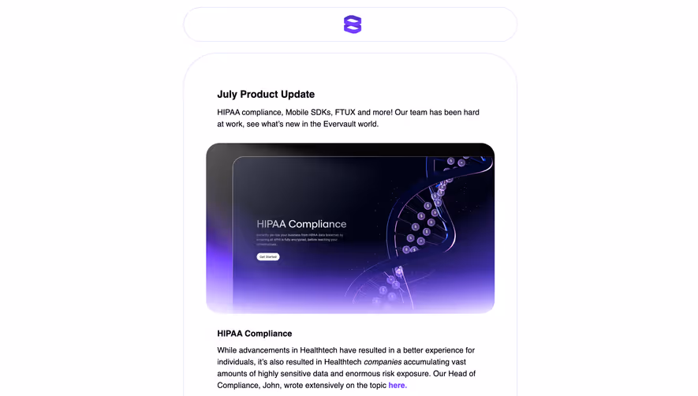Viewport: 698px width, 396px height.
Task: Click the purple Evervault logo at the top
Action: click(352, 24)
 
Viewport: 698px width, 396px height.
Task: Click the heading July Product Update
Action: click(266, 95)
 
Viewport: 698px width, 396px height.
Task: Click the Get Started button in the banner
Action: click(268, 256)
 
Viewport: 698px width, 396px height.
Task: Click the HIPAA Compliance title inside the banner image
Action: click(301, 224)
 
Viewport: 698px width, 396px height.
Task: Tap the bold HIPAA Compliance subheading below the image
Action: click(254, 334)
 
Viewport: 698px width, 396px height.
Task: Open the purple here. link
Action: click(398, 386)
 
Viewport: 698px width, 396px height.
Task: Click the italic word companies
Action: click(383, 362)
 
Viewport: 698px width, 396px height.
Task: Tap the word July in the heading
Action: click(227, 95)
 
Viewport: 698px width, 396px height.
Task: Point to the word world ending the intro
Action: click(368, 124)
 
